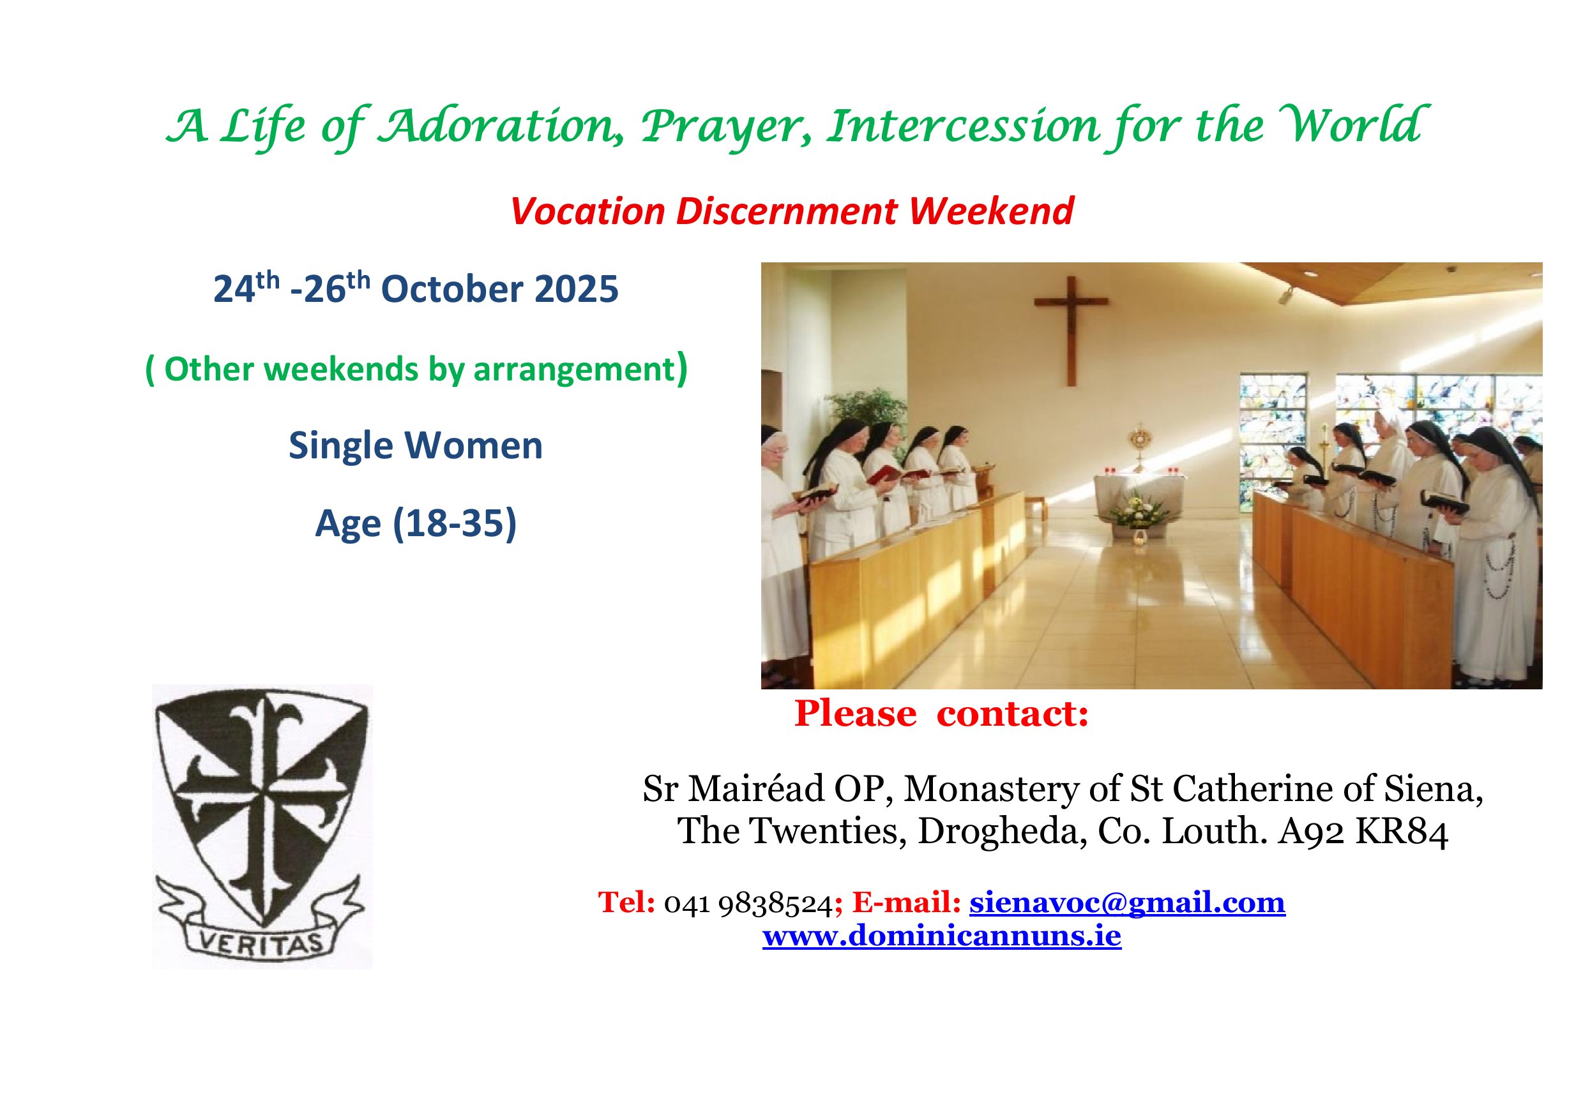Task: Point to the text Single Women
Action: click(416, 445)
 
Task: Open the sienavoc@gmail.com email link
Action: click(1127, 902)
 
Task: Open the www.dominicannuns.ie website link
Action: click(942, 936)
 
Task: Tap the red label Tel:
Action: click(626, 903)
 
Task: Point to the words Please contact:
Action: click(942, 713)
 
